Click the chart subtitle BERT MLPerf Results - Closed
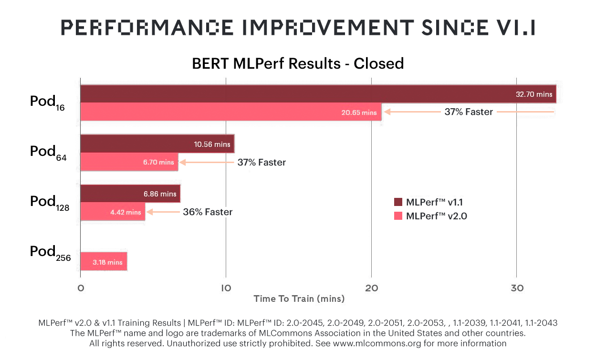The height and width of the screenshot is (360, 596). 298,63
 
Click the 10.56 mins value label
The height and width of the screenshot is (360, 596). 212,144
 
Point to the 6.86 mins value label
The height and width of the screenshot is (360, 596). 160,194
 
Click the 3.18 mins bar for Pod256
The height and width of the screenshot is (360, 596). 104,262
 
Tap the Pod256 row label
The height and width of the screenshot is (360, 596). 50,253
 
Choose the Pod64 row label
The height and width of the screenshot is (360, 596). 48,153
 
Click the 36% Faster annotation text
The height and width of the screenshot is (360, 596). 208,212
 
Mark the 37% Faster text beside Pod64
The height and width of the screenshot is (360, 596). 261,163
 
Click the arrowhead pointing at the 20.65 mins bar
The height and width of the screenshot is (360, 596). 387,112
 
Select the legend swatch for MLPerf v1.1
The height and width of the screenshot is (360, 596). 398,202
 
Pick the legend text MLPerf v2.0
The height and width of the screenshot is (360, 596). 436,216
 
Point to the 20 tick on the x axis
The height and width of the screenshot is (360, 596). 371,288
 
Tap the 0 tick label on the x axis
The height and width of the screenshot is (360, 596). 81,288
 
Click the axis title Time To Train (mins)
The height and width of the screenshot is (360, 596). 299,299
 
